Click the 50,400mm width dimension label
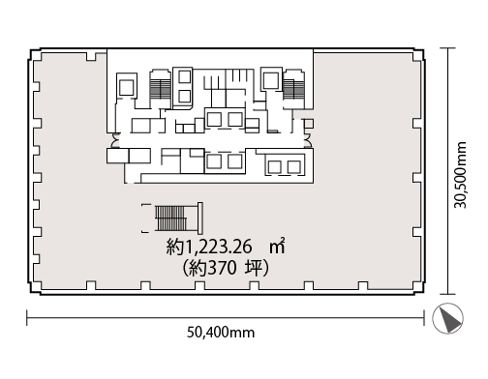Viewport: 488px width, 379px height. tap(221, 333)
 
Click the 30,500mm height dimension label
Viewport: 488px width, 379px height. tap(460, 175)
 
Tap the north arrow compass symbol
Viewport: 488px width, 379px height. tap(447, 318)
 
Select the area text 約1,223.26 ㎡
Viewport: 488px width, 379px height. tap(226, 247)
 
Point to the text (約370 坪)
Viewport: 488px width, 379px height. tap(226, 268)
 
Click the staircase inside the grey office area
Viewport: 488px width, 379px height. tap(172, 219)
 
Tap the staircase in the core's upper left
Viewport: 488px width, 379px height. tap(160, 89)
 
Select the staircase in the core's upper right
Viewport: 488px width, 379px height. tap(293, 89)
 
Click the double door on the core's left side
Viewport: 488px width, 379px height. tap(115, 140)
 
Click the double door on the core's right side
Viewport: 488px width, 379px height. tap(308, 140)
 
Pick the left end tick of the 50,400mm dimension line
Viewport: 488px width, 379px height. tap(27, 318)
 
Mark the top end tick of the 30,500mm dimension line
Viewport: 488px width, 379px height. tap(447, 48)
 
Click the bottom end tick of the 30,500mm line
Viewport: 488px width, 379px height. tap(447, 294)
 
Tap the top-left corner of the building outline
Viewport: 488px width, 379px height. tap(30, 49)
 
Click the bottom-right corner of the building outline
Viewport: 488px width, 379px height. tap(424, 293)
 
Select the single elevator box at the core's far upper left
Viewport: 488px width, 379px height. tap(127, 85)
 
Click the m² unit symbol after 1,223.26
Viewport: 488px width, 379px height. tap(278, 246)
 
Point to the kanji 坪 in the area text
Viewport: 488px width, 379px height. tap(253, 268)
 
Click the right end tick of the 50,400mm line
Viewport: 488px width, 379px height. tap(424, 318)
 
